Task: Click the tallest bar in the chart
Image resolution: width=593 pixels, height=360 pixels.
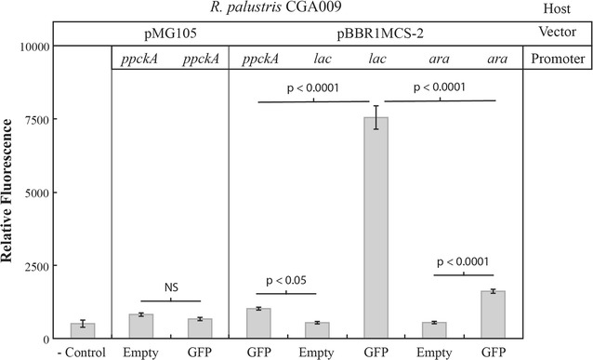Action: [x=377, y=228]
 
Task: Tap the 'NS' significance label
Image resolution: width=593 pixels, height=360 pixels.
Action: [x=170, y=287]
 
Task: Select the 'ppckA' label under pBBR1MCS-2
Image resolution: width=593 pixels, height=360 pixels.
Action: [x=258, y=60]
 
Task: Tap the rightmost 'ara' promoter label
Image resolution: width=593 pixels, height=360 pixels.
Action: [x=494, y=60]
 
